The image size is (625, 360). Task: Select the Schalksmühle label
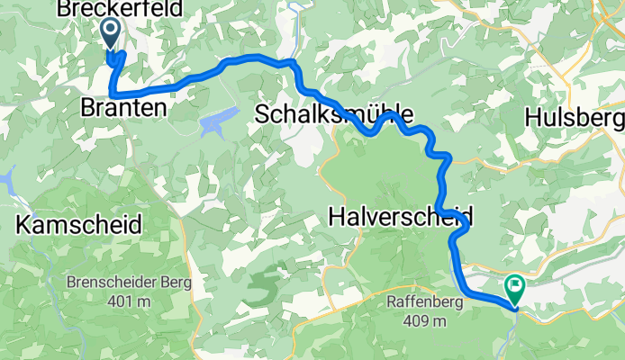334,114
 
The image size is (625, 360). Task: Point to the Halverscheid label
400,217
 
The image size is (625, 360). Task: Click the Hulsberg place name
574,119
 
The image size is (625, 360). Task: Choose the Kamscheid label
79,225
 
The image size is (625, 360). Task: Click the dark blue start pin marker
110,34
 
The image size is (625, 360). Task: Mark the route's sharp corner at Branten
112,94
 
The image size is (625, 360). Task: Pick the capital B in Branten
89,107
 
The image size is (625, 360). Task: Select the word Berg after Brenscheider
175,283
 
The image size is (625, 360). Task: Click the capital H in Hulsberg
534,119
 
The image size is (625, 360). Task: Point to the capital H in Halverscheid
336,217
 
